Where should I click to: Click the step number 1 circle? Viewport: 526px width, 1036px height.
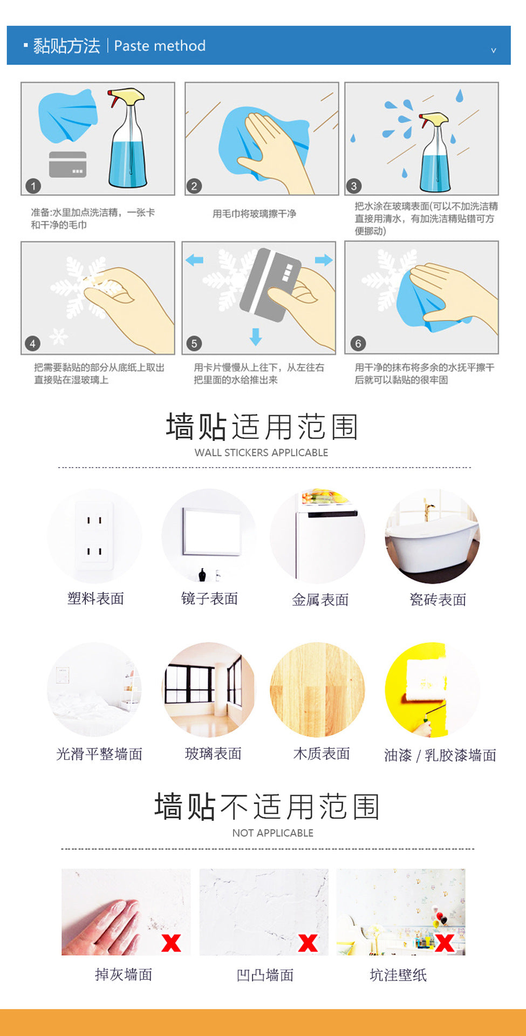click(x=33, y=186)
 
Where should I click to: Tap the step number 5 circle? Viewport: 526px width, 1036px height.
click(x=194, y=343)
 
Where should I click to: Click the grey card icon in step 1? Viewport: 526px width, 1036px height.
click(x=67, y=165)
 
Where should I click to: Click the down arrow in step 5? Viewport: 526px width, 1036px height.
click(x=256, y=337)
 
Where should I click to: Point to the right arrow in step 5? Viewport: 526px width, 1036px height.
click(x=324, y=260)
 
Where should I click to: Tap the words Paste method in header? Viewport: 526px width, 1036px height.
click(x=160, y=46)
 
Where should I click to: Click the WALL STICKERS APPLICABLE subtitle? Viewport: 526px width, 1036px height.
click(x=261, y=453)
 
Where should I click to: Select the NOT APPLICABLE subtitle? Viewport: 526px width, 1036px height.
click(x=273, y=833)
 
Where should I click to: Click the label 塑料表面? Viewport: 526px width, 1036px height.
click(x=95, y=598)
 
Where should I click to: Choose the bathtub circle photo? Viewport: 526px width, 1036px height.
click(x=432, y=536)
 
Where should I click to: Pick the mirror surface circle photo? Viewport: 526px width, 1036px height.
click(x=209, y=536)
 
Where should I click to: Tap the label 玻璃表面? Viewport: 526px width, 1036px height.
click(x=213, y=754)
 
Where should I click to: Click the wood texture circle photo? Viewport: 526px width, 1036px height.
click(x=317, y=690)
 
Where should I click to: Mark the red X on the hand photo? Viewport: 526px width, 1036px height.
click(x=171, y=943)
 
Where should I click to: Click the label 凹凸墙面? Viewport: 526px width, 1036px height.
click(x=265, y=975)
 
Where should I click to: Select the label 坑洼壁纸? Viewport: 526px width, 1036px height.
click(x=398, y=975)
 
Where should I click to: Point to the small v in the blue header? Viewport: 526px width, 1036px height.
click(x=493, y=50)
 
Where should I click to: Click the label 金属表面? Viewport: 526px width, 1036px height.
click(x=320, y=599)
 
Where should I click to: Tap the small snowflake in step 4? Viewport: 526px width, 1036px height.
click(x=59, y=337)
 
